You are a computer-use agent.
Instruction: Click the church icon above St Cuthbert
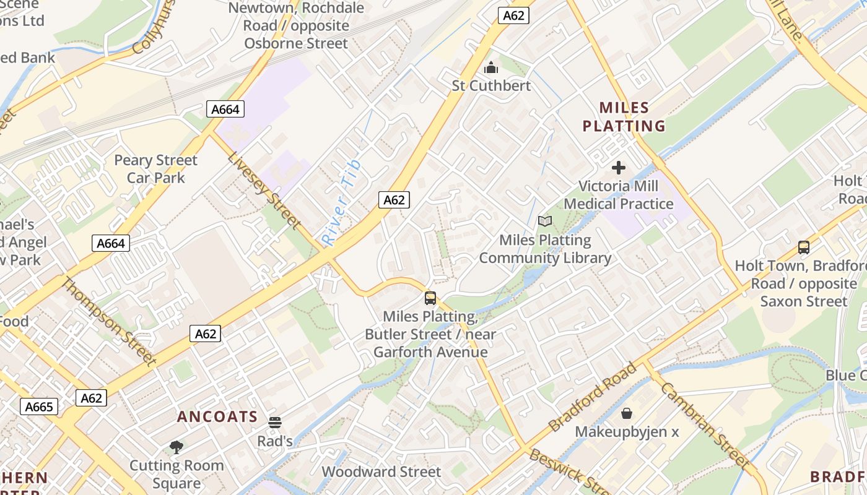point(491,67)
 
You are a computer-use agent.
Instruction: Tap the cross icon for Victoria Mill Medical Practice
point(618,168)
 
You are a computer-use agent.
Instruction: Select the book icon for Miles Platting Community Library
point(544,221)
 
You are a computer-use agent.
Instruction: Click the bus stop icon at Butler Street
point(430,298)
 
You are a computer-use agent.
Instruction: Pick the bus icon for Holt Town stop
point(803,247)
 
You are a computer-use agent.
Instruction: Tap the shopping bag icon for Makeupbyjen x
point(627,413)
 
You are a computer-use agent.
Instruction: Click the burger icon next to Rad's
point(275,423)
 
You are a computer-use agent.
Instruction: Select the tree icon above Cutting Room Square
point(176,447)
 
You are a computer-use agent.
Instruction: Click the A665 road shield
point(40,407)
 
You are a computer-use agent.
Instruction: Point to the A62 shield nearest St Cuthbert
point(513,15)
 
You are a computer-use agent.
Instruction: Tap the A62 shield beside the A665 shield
point(91,398)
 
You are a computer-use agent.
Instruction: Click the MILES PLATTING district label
point(624,117)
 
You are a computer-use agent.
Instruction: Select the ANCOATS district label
point(217,416)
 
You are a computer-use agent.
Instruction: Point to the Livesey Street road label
point(264,189)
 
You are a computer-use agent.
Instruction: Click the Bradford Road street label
point(593,396)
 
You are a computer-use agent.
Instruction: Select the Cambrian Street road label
point(705,425)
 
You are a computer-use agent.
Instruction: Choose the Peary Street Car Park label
point(155,169)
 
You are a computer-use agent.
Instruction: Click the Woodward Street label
point(381,471)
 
